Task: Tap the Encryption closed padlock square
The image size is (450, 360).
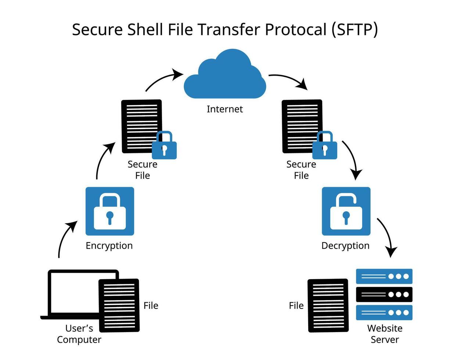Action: click(110, 211)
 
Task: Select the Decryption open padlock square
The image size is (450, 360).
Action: click(346, 211)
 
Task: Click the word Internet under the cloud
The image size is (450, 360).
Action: click(224, 109)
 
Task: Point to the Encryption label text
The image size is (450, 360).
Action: click(109, 245)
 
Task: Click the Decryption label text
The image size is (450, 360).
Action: click(345, 245)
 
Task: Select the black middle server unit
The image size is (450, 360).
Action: click(384, 294)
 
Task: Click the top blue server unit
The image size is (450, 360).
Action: click(384, 276)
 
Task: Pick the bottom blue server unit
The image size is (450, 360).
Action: click(384, 313)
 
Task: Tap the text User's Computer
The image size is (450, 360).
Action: click(79, 334)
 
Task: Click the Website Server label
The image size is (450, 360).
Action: click(385, 334)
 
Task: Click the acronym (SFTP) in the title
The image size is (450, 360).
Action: click(354, 29)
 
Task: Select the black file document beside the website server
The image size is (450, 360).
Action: click(328, 306)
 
